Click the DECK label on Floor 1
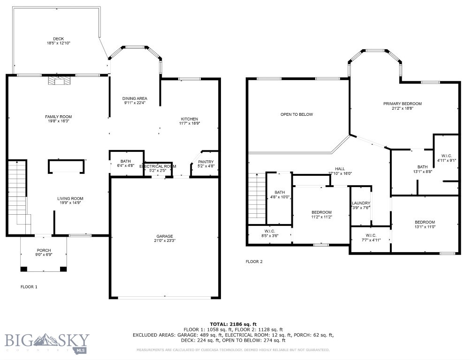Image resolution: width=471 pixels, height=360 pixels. click(58, 38)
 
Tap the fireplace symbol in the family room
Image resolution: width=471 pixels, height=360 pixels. click(59, 82)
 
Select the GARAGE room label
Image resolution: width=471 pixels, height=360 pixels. click(165, 236)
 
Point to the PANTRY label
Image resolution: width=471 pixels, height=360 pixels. click(205, 162)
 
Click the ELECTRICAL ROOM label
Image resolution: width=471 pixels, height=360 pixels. click(158, 166)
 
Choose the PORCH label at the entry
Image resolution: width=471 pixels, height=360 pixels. click(44, 250)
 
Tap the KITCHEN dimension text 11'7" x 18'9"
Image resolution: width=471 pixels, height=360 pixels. click(190, 123)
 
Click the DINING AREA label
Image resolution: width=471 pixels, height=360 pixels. click(135, 98)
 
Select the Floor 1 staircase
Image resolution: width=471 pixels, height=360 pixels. click(18, 192)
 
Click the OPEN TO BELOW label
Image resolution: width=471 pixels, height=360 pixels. click(296, 114)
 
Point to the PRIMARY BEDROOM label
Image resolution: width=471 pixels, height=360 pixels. click(402, 104)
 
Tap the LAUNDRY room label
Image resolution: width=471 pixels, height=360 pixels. click(361, 203)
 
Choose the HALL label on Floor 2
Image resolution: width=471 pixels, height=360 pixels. click(340, 169)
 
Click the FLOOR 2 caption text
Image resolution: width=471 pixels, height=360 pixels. click(254, 262)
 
